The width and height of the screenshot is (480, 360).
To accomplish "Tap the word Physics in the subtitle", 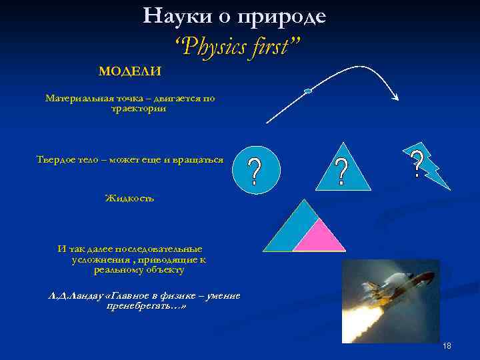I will click(x=215, y=47).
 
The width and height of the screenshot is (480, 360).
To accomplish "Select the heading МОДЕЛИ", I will click(x=130, y=71).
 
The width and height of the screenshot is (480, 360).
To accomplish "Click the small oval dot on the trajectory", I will click(x=307, y=91).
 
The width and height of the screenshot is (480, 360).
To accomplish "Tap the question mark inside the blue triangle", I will click(x=341, y=173).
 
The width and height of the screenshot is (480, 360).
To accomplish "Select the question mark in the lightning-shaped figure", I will click(x=417, y=164).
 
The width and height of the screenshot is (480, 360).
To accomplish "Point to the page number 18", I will click(x=447, y=346).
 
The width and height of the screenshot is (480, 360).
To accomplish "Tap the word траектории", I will click(x=138, y=108).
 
